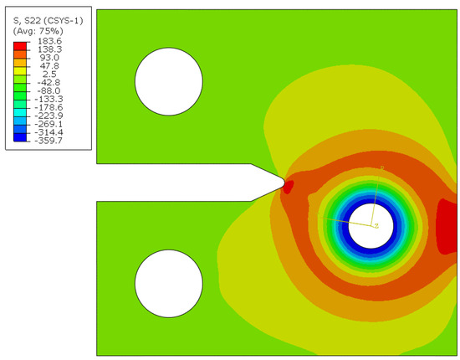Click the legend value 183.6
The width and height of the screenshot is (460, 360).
coord(50,41)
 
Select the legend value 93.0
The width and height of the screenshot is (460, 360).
coord(49,58)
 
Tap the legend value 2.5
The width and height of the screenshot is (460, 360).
coord(49,74)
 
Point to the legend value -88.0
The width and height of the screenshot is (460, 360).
coord(49,90)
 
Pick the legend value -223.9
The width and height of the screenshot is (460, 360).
coord(49,116)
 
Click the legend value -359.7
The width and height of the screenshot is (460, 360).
coord(49,141)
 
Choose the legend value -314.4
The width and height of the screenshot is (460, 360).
coord(49,132)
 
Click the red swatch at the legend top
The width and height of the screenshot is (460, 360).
coord(20,46)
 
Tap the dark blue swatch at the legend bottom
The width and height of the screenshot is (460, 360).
coord(20,137)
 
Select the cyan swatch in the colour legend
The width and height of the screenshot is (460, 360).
coord(20,112)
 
